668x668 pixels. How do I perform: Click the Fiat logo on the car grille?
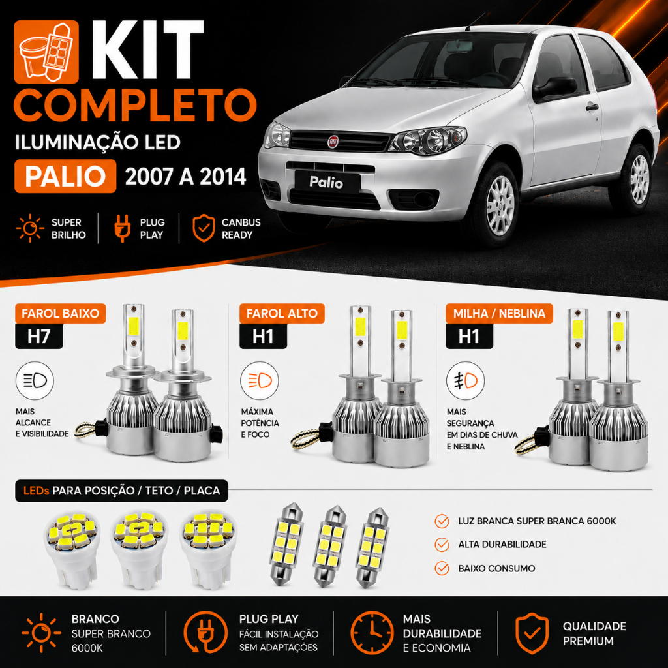[333, 142]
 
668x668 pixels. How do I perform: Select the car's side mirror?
[554, 88]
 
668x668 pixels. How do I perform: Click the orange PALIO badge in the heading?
[65, 176]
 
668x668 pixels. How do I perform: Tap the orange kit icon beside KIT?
[46, 52]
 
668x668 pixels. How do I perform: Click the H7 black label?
[38, 337]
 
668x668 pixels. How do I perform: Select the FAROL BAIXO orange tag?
[61, 314]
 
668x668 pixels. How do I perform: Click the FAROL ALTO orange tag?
[282, 314]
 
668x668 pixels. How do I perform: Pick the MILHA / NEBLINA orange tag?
[499, 314]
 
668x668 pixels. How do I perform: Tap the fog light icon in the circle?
[465, 381]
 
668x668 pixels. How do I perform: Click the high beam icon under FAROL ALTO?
[260, 381]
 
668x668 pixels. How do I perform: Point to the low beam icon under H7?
[35, 381]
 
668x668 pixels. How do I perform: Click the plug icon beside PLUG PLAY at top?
[122, 228]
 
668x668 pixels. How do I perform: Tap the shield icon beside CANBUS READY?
[204, 228]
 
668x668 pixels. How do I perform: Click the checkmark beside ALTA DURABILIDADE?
[442, 545]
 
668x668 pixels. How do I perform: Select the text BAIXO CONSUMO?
[496, 568]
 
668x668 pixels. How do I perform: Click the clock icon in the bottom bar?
[372, 632]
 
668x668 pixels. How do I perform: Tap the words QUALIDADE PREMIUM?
[594, 633]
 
